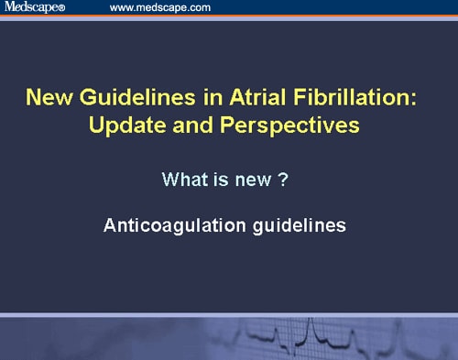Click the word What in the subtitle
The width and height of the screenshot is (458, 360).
[183, 179]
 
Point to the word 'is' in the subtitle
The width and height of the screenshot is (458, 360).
[222, 179]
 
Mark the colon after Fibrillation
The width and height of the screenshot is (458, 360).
[411, 97]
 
